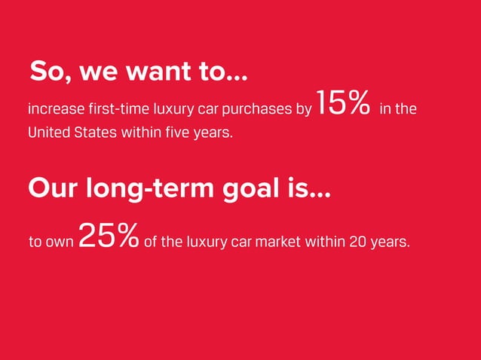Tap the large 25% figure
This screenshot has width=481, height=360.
tap(108, 236)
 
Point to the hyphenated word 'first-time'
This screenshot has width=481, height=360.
tap(112, 110)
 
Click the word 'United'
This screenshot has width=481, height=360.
tap(48, 133)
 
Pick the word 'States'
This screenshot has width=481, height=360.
tap(95, 133)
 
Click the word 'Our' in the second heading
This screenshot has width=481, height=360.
tap(50, 188)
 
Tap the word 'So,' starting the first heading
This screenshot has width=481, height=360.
tap(51, 73)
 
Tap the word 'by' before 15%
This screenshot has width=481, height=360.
tap(303, 110)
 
